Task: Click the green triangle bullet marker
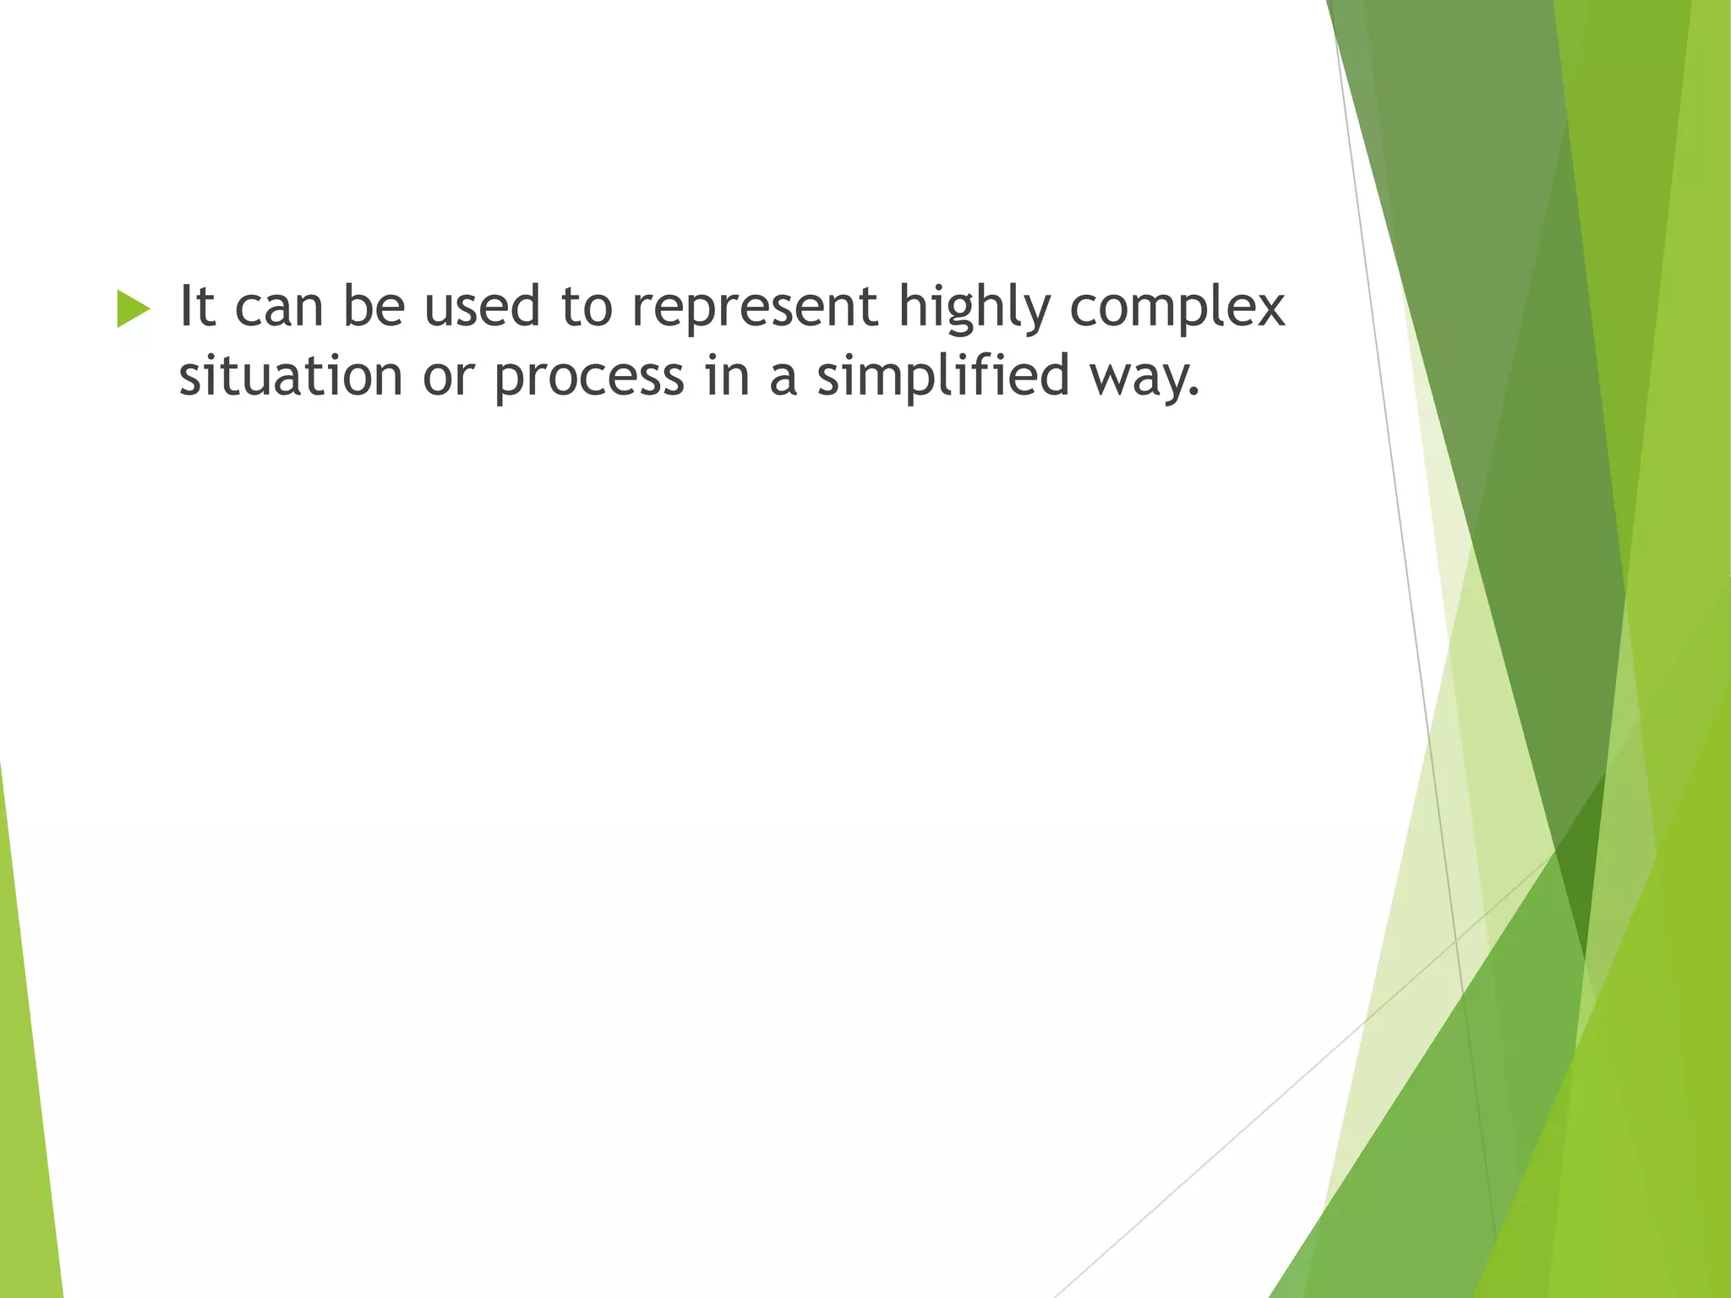[x=134, y=308]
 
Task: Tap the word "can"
[x=279, y=308]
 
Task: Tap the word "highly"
[x=972, y=309]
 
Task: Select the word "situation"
[x=291, y=375]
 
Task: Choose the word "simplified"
[x=942, y=376]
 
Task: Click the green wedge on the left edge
[x=25, y=1099]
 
